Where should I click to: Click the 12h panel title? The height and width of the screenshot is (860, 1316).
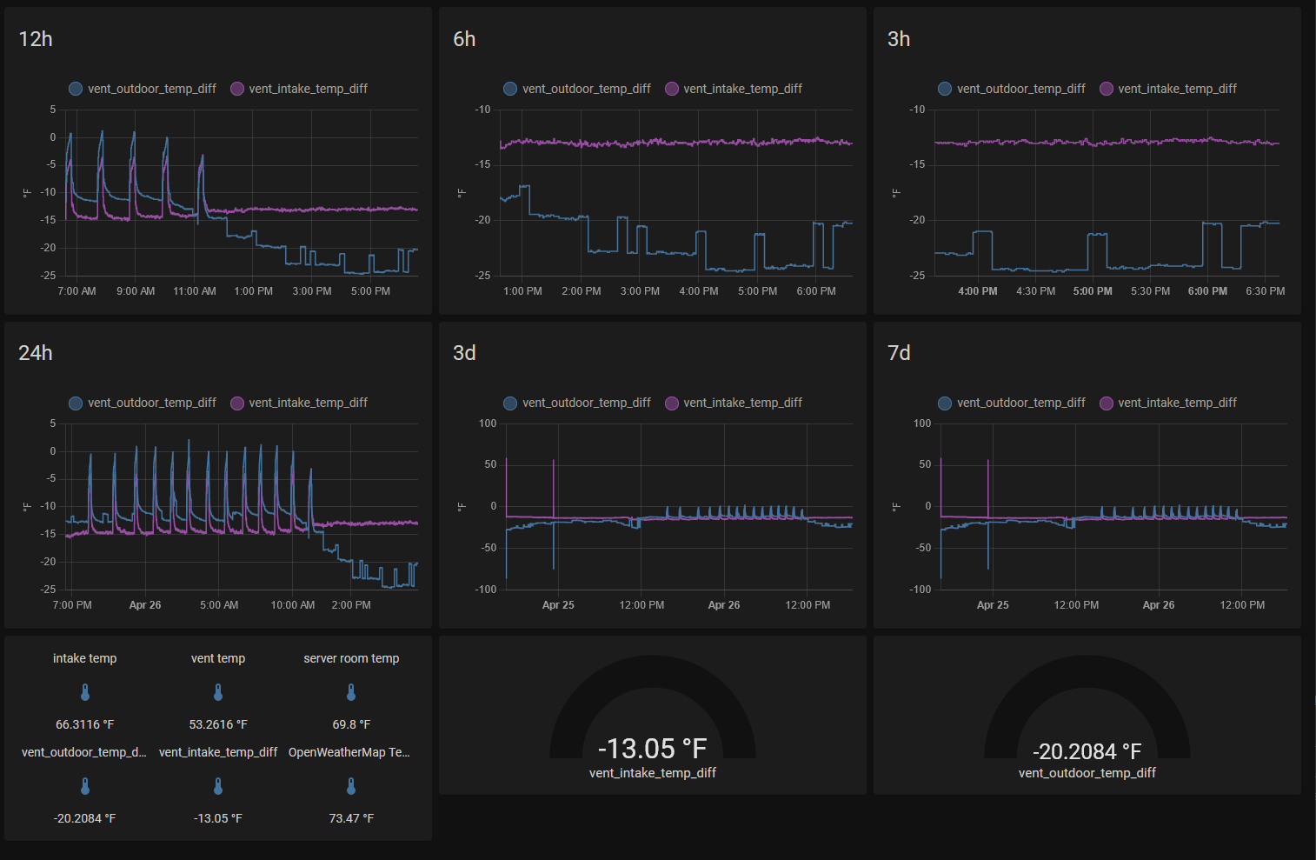[x=36, y=39]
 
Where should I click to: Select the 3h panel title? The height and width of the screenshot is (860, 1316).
[x=899, y=39]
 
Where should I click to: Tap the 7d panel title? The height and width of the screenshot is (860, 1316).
[x=899, y=353]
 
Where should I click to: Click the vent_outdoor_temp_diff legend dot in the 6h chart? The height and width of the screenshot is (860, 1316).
[x=510, y=89]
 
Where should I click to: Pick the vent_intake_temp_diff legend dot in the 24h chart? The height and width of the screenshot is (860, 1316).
[x=237, y=403]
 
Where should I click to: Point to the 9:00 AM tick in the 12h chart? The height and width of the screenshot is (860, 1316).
[x=136, y=291]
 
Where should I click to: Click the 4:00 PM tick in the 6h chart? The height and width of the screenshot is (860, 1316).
[x=699, y=291]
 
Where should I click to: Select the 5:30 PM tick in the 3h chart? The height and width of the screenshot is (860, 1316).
[x=1150, y=291]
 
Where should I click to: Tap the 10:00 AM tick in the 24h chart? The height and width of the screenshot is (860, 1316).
[x=293, y=605]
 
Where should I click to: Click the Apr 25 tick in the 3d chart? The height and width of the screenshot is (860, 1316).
[x=558, y=605]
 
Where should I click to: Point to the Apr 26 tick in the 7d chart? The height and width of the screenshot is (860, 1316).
[x=1158, y=605]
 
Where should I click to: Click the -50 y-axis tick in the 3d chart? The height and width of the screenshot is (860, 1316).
[x=488, y=548]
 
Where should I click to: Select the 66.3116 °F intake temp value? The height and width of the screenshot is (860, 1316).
[x=85, y=724]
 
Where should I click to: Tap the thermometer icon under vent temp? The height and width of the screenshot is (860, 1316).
[x=218, y=692]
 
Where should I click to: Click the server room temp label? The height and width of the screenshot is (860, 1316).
[x=351, y=658]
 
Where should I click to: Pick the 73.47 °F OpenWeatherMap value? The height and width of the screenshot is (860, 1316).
[x=351, y=818]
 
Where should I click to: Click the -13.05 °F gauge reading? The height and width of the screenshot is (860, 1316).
[x=652, y=749]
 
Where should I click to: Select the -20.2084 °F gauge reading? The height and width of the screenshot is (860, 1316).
[x=1087, y=751]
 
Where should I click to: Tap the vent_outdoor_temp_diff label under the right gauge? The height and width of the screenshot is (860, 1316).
[x=1087, y=773]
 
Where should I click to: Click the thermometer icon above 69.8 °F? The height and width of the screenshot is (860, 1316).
[x=351, y=692]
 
